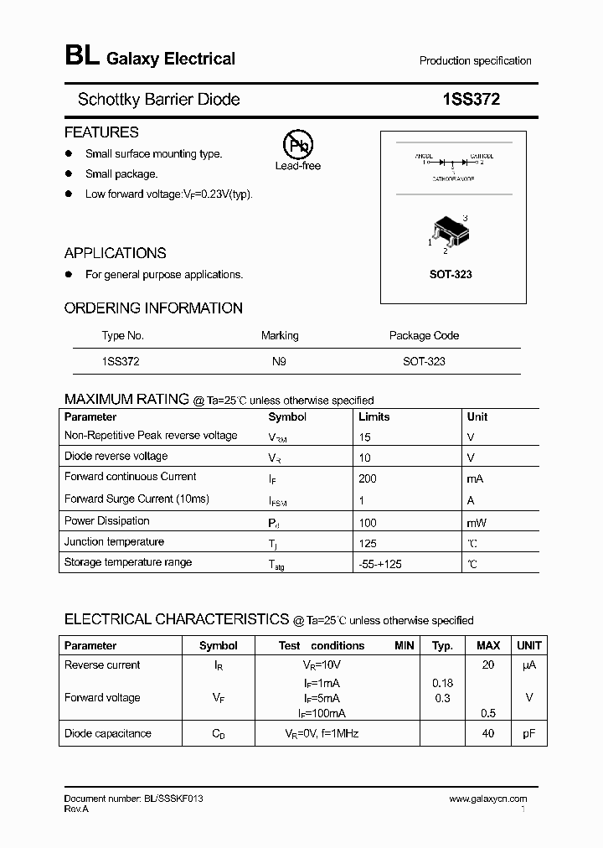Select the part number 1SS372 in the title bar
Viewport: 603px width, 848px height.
coord(471,100)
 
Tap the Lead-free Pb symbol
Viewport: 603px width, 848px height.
coord(297,144)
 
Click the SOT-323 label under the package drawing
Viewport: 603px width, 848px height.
coord(451,274)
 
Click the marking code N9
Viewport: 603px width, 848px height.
coord(279,361)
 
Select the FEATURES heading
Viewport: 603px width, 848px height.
coord(101,132)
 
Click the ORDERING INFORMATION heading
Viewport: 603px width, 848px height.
coord(153,308)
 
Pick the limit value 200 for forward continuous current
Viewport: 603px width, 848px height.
coord(367,478)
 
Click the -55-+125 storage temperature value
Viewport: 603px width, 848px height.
coord(379,565)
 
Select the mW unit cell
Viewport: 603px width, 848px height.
coord(477,523)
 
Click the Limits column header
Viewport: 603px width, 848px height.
coord(374,416)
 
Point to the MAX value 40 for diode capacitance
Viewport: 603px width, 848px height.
coord(488,733)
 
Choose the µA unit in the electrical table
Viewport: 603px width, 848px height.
coord(528,664)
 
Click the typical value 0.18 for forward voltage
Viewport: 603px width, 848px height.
coord(442,683)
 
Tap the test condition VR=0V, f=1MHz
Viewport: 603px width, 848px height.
coord(322,733)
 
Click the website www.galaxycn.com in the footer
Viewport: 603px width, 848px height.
coord(487,799)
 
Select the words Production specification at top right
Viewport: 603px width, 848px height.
coord(475,61)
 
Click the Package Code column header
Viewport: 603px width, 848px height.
coord(424,335)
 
